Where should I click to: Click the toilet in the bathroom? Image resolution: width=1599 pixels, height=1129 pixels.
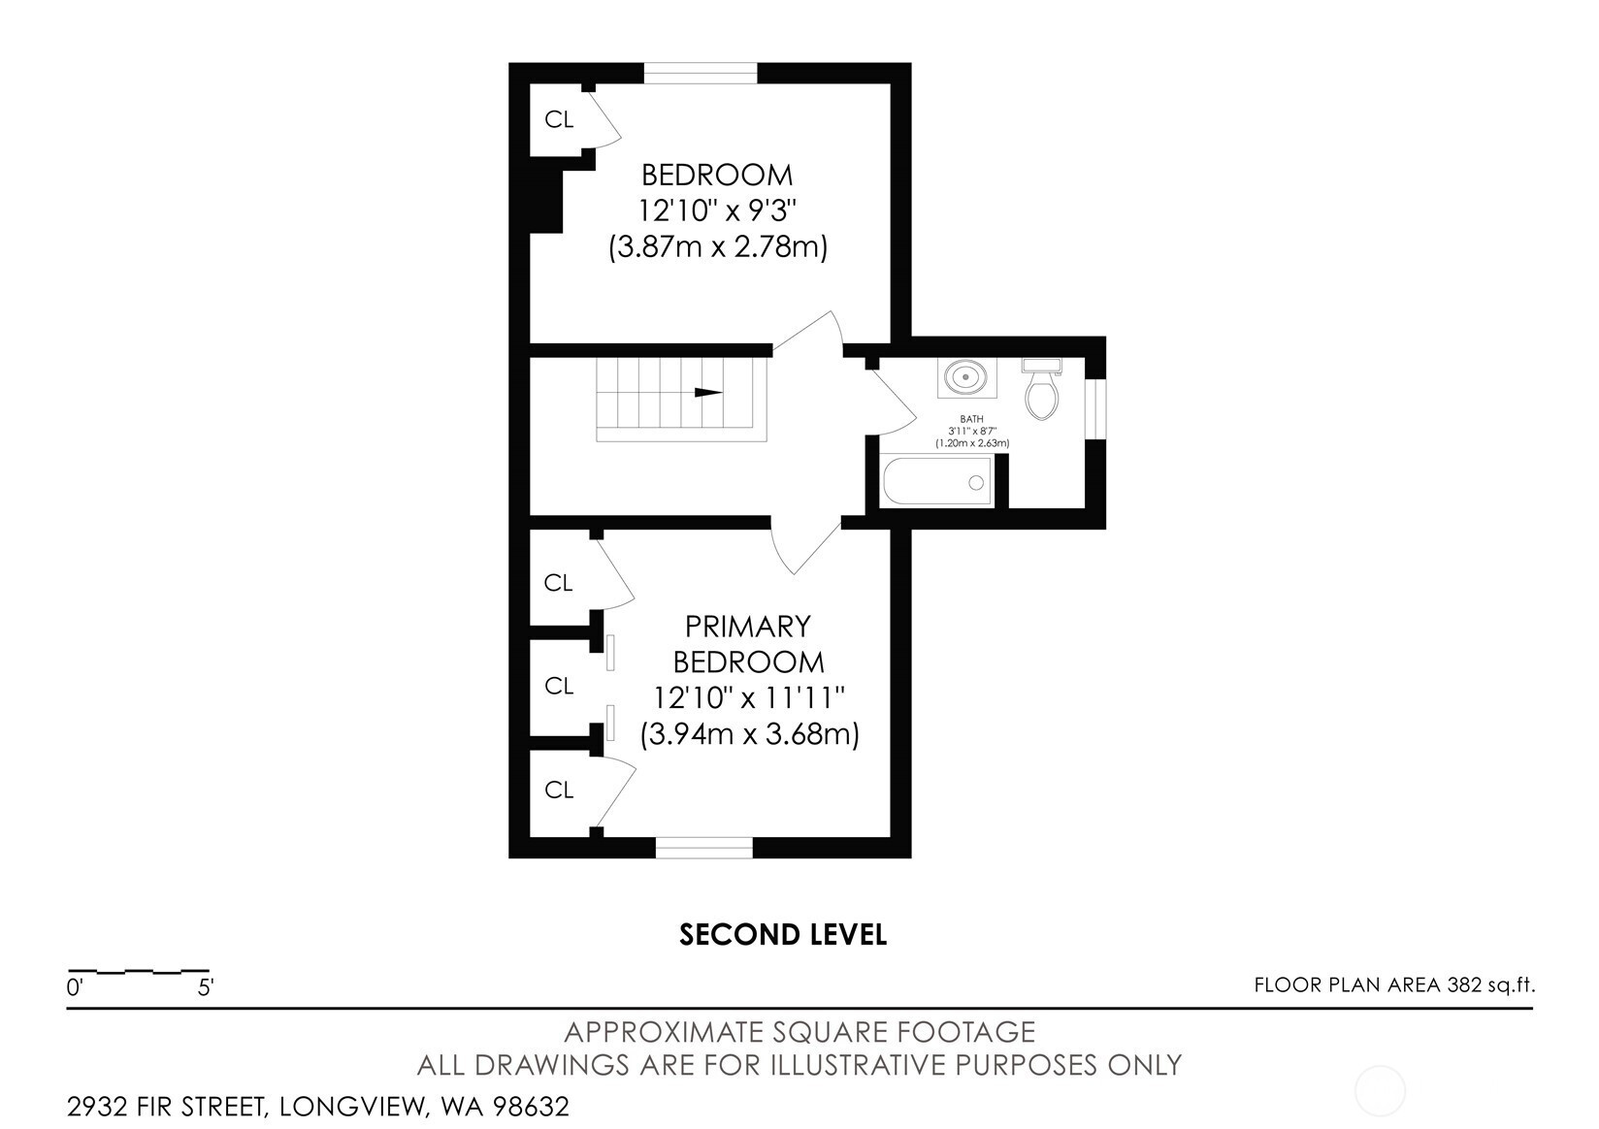click(1041, 389)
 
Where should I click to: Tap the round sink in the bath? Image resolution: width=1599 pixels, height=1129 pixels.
click(966, 375)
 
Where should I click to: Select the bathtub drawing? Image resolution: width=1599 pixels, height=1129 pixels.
click(936, 482)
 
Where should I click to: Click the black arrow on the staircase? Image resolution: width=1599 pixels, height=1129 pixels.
click(708, 392)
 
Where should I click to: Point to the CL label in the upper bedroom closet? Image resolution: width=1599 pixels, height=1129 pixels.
click(559, 119)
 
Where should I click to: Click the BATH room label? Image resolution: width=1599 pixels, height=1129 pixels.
click(971, 419)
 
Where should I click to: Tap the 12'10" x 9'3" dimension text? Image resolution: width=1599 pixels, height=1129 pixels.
click(717, 210)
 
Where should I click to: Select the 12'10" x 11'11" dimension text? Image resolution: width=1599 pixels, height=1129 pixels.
click(749, 697)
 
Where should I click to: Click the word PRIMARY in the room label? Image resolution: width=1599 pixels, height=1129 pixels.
click(748, 627)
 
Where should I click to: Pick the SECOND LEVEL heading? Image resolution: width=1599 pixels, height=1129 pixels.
click(783, 935)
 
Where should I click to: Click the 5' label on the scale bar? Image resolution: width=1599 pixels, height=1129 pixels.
click(206, 987)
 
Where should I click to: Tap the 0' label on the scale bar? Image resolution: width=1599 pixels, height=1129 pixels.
click(75, 987)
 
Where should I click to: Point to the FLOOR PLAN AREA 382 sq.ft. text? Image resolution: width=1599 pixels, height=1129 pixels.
click(1395, 984)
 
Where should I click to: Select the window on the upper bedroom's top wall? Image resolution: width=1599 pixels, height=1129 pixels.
click(701, 74)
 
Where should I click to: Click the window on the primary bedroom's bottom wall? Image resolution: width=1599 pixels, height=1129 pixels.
click(703, 847)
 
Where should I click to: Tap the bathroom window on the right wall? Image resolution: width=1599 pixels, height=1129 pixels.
click(1095, 409)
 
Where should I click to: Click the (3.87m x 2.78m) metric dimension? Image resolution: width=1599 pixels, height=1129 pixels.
click(717, 247)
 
